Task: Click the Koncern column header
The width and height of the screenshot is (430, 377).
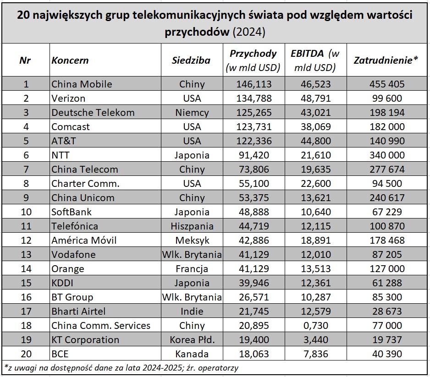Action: [x=70, y=60]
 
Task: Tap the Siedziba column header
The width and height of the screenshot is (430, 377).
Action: [x=191, y=60]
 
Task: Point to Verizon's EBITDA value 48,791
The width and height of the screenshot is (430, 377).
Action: [x=315, y=98]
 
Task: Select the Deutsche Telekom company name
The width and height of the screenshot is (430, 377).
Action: [x=93, y=112]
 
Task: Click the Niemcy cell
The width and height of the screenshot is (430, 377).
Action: [x=192, y=112]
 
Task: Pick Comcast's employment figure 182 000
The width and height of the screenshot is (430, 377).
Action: [x=386, y=126]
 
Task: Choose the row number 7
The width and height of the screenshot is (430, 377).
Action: [x=26, y=169]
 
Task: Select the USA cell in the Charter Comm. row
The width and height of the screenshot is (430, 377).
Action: [x=192, y=183]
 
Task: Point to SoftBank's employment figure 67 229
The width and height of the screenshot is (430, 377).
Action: [x=386, y=212]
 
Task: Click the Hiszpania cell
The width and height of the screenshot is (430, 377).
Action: [x=192, y=226]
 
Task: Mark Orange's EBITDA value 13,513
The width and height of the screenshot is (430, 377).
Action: [x=315, y=268]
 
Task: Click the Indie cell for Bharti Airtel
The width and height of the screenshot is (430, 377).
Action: [x=192, y=311]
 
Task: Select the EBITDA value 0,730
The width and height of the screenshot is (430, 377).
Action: [x=315, y=325]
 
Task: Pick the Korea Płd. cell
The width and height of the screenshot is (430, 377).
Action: [x=192, y=339]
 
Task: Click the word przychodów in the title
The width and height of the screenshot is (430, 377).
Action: [x=197, y=32]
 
